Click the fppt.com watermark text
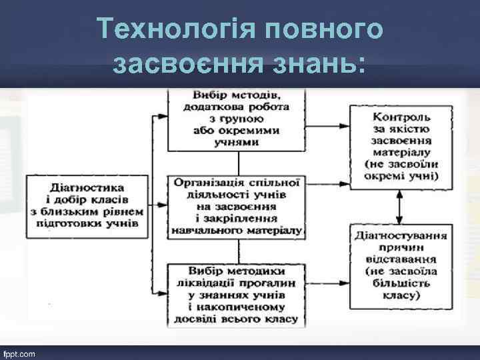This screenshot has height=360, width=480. pos(21,352)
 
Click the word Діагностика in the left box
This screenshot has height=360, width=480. pos(83,188)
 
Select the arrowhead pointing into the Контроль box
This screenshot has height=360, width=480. pos(347,126)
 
